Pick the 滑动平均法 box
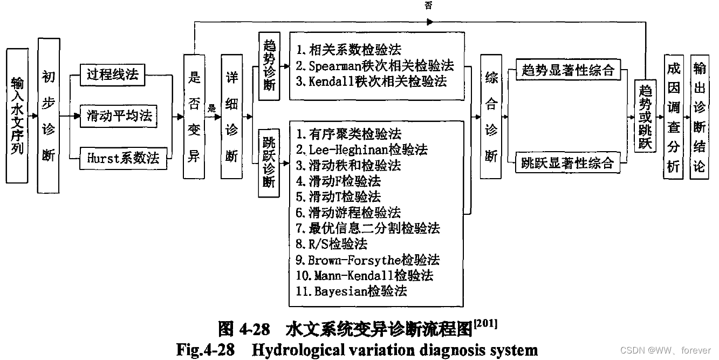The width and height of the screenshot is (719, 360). (119, 116)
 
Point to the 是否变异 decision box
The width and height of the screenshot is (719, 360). (194, 116)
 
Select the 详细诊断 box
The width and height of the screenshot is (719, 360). (231, 116)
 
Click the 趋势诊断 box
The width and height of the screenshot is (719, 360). (269, 68)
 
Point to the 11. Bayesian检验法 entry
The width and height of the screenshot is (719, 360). (352, 291)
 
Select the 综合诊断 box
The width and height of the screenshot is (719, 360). (491, 116)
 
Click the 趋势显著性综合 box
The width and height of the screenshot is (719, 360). (567, 70)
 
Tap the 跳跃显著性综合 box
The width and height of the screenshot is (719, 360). (567, 162)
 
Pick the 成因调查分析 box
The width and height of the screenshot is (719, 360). (674, 116)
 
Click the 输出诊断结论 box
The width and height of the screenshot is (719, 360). (699, 116)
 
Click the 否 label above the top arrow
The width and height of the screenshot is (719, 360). (429, 5)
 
